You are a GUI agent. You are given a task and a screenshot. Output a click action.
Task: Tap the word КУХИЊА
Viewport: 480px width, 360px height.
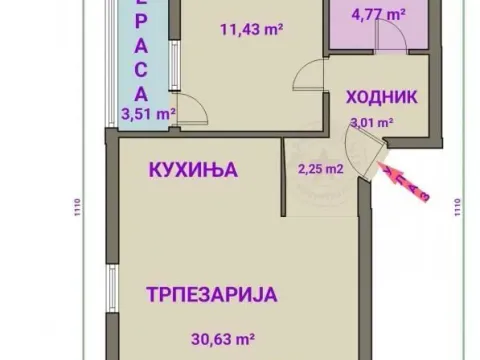pyautogui.click(x=193, y=169)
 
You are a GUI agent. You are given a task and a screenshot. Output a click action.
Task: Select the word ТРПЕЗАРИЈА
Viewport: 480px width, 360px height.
pyautogui.click(x=210, y=295)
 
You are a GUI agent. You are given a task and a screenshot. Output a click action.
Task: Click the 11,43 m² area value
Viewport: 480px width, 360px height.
pyautogui.click(x=249, y=28)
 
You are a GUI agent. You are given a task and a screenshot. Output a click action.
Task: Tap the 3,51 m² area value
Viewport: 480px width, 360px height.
pyautogui.click(x=147, y=113)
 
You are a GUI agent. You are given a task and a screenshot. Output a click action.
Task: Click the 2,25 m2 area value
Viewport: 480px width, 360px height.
pyautogui.click(x=321, y=168)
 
